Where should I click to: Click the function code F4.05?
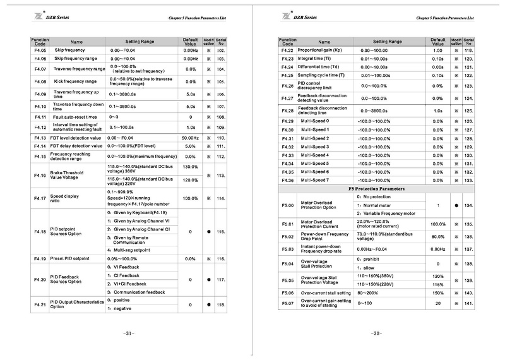coord(40,49)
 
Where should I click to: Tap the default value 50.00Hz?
coord(191,138)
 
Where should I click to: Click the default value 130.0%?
coord(191,167)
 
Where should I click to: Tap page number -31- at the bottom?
coord(129,333)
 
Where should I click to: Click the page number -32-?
coord(376,333)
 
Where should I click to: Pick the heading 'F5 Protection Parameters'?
coord(377,188)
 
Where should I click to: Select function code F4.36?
coord(287,180)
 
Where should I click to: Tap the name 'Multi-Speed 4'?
coord(314,155)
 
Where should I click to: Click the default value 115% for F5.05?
coord(438,284)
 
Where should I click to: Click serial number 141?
coord(468,304)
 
